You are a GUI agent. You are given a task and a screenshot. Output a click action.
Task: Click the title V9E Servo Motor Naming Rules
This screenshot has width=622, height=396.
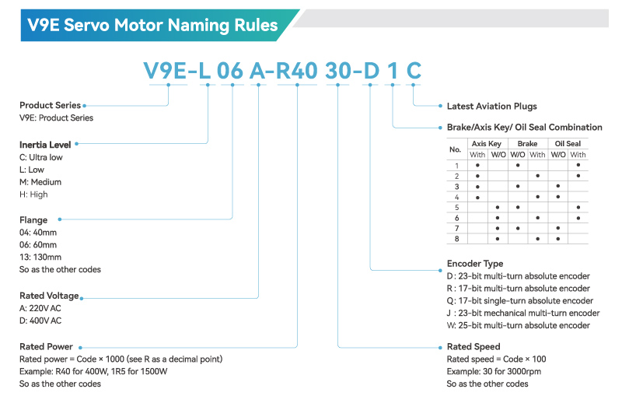click(x=152, y=25)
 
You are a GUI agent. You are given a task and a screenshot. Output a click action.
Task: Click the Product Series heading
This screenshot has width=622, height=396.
click(x=50, y=105)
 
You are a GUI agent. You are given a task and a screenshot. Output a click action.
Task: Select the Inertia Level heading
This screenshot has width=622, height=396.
click(x=45, y=145)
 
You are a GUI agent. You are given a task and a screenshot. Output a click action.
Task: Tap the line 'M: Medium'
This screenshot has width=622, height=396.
click(x=40, y=182)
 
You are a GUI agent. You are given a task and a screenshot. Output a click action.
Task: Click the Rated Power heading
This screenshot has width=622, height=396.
click(x=46, y=346)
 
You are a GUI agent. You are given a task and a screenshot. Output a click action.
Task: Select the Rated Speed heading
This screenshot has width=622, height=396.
click(x=473, y=346)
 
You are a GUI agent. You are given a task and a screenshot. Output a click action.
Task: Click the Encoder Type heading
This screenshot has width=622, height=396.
click(x=475, y=264)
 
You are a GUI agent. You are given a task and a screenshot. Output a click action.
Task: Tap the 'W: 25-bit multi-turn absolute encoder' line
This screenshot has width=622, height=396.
click(x=519, y=325)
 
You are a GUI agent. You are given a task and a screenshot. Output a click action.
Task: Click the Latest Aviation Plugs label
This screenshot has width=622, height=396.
click(x=491, y=106)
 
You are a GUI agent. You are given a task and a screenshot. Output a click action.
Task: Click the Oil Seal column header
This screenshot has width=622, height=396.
click(x=568, y=144)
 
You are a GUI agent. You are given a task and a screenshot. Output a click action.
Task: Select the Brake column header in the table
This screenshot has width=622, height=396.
click(x=527, y=144)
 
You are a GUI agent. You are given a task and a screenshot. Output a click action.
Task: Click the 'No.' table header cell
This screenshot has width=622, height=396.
click(x=456, y=149)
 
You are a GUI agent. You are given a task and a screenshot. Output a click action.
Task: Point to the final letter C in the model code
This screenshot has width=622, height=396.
click(x=414, y=71)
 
